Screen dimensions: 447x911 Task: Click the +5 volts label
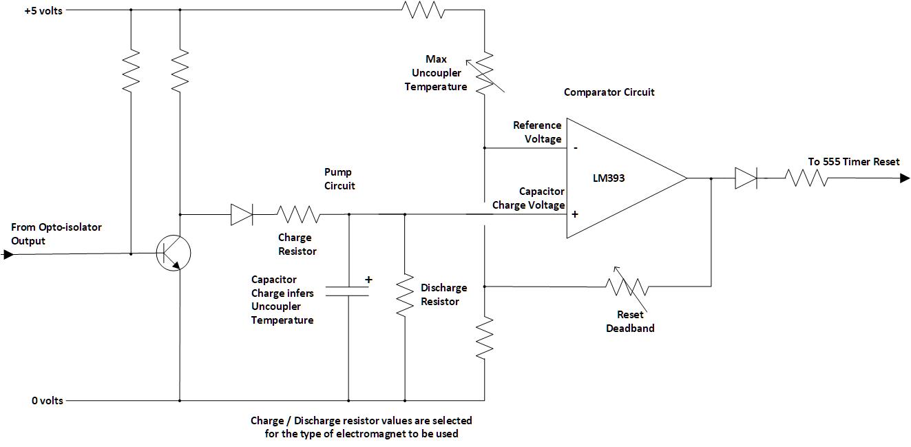click(x=43, y=11)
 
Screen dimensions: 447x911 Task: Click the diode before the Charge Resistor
click(x=241, y=214)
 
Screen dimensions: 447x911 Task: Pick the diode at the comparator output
click(x=745, y=178)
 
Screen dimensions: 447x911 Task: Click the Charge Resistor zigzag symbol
click(x=297, y=214)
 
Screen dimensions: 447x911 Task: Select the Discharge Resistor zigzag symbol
click(x=404, y=293)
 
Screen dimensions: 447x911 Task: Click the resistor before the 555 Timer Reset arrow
click(x=808, y=178)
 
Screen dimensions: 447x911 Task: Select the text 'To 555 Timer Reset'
click(x=853, y=162)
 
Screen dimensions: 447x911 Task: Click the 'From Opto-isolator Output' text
click(x=56, y=234)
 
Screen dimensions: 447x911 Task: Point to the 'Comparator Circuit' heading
click(x=609, y=92)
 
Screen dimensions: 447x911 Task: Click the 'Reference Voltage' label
click(x=537, y=132)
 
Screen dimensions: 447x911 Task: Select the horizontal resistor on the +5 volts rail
click(x=424, y=10)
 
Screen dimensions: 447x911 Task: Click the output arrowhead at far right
click(x=904, y=178)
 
